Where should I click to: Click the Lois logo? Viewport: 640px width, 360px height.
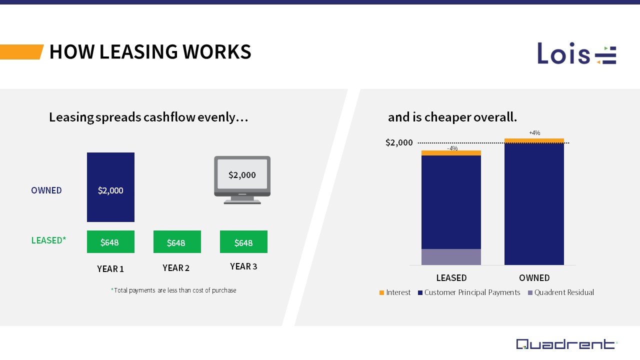576,53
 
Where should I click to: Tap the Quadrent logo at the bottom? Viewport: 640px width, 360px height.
566,344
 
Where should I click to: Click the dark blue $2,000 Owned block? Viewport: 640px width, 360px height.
110,187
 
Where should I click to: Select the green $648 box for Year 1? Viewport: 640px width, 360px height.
110,242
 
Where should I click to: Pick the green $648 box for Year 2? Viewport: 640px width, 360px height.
177,242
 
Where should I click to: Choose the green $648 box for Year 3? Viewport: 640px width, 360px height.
243,242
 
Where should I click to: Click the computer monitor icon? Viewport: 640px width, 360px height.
242,179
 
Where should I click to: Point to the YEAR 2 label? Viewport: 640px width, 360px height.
176,268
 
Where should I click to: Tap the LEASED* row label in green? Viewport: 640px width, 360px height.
48,240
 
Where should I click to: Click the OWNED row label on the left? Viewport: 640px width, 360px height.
46,190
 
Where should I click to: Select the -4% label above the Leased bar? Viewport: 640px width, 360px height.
452,148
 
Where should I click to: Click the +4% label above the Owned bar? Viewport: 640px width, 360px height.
534,133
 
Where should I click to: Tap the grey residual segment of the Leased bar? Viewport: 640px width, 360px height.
451,256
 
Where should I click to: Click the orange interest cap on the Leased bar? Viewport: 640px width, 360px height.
451,153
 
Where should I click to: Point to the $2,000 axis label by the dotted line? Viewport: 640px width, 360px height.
399,142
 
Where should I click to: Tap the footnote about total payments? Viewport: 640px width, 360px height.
173,290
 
